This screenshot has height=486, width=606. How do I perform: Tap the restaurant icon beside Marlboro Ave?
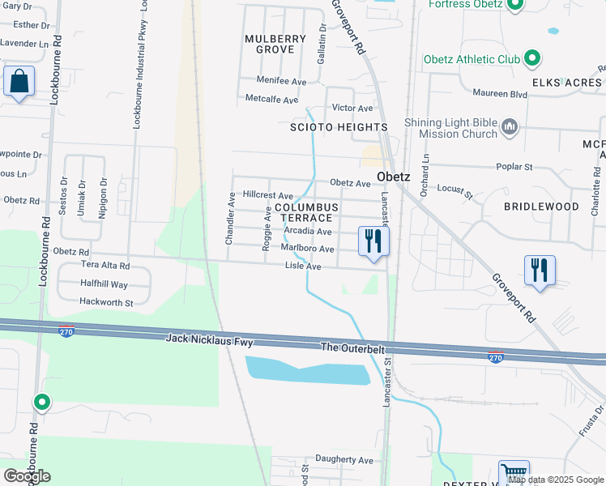[x=373, y=241]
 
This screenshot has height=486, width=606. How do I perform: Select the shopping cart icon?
[x=513, y=473]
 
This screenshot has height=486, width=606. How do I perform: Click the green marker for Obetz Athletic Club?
[x=532, y=58]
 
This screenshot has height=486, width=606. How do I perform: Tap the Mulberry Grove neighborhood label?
[x=275, y=44]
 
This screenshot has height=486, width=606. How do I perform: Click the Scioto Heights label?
[x=339, y=127]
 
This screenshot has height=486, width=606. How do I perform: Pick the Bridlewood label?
[x=541, y=207]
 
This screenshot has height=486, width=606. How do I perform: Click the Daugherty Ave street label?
[x=344, y=459]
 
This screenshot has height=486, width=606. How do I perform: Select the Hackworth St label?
[x=105, y=301]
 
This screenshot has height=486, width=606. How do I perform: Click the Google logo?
[x=27, y=475]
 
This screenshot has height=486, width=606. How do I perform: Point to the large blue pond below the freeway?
[x=308, y=370]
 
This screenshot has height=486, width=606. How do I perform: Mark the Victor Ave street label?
[x=352, y=108]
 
